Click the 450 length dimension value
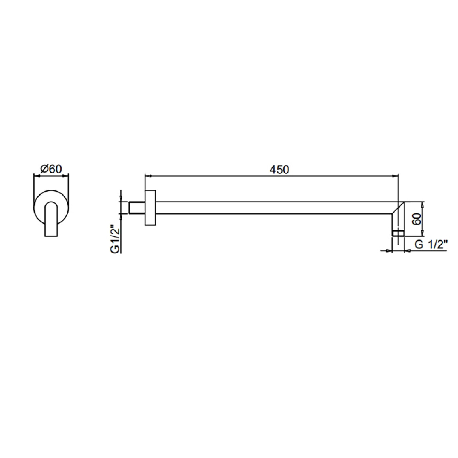coord(279,170)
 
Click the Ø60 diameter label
coord(51,169)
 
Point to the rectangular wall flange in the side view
coord(150,208)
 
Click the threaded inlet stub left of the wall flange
coord(137,208)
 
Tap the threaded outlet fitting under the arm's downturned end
coord(398,233)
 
